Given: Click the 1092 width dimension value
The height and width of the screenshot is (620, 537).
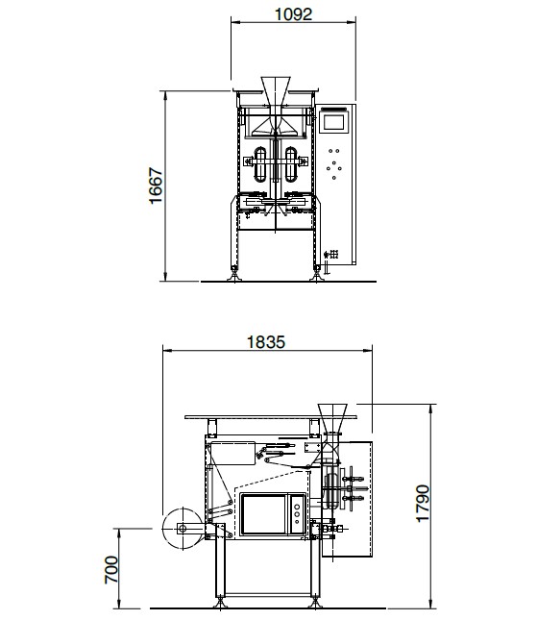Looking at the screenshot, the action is pos(293,14).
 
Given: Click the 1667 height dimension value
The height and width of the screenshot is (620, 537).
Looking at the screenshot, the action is pos(156,186).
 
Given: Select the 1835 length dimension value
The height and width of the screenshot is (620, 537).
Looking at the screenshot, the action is pos(265,342).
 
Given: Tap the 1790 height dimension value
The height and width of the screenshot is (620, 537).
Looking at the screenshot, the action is pos(423,504).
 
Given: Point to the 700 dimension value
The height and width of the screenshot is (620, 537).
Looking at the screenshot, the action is pos(111,570).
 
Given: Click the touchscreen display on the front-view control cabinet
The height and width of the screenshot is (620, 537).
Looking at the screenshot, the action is pos(334,122).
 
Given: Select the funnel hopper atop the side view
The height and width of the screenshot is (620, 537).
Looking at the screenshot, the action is pos(332,418).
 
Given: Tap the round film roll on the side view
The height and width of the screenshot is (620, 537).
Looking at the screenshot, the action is pos(183,529).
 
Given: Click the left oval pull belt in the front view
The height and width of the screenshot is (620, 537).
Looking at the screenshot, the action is pos(260,164).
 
